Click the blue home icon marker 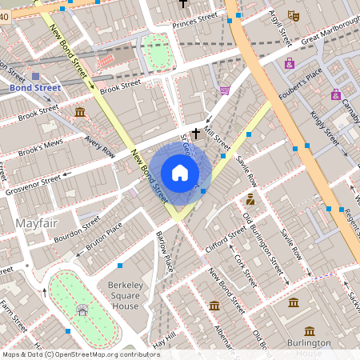(x=180, y=172)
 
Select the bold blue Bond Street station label (x=34, y=86)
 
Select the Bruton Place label (x=105, y=238)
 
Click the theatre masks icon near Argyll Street (x=293, y=14)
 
